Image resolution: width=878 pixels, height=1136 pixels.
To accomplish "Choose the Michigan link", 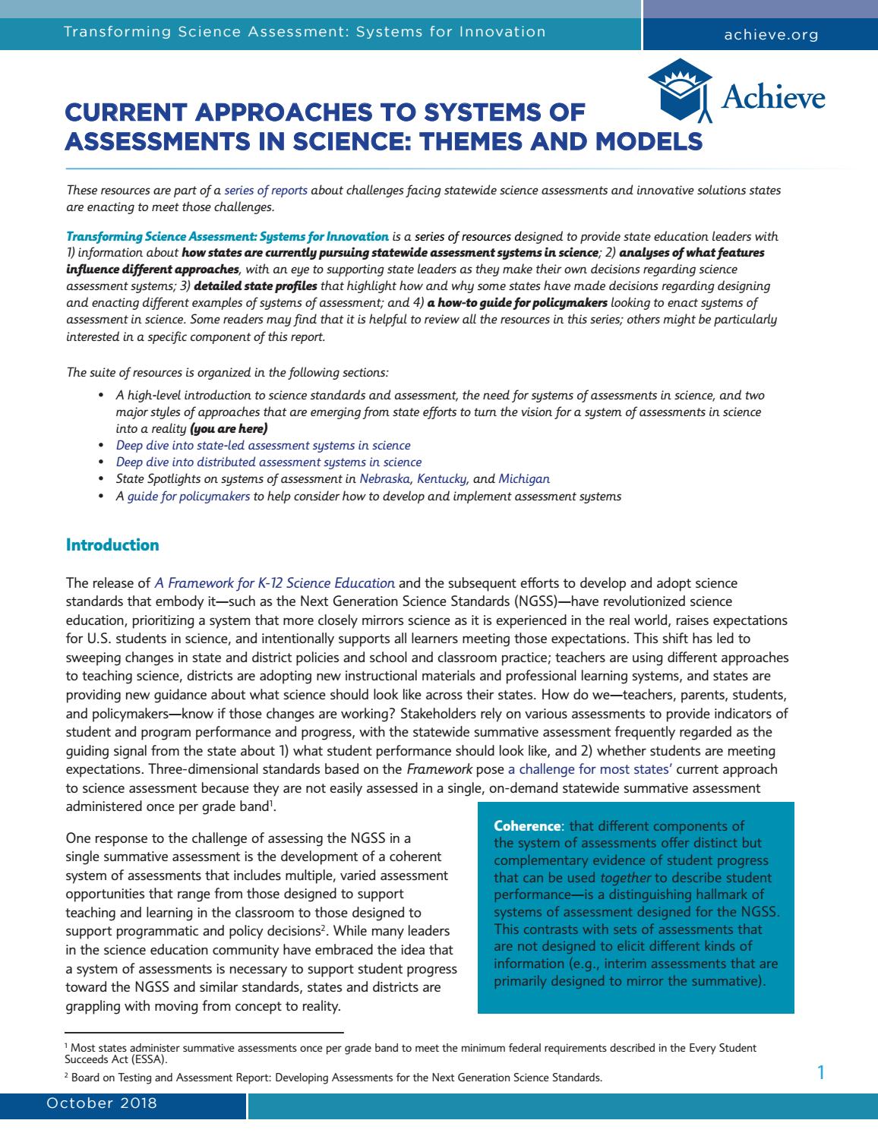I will (x=524, y=479).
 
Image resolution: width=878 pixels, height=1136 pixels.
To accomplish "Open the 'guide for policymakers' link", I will (x=188, y=497).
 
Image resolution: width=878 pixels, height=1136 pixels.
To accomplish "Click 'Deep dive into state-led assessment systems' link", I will (x=263, y=446).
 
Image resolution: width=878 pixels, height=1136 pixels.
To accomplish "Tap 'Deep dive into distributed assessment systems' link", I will (x=268, y=462).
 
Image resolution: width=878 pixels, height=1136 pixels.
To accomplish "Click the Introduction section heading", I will (x=112, y=545).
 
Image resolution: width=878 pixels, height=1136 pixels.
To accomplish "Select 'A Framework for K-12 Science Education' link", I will (x=274, y=583).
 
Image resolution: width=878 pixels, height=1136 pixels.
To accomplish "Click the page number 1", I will (x=820, y=1072).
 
